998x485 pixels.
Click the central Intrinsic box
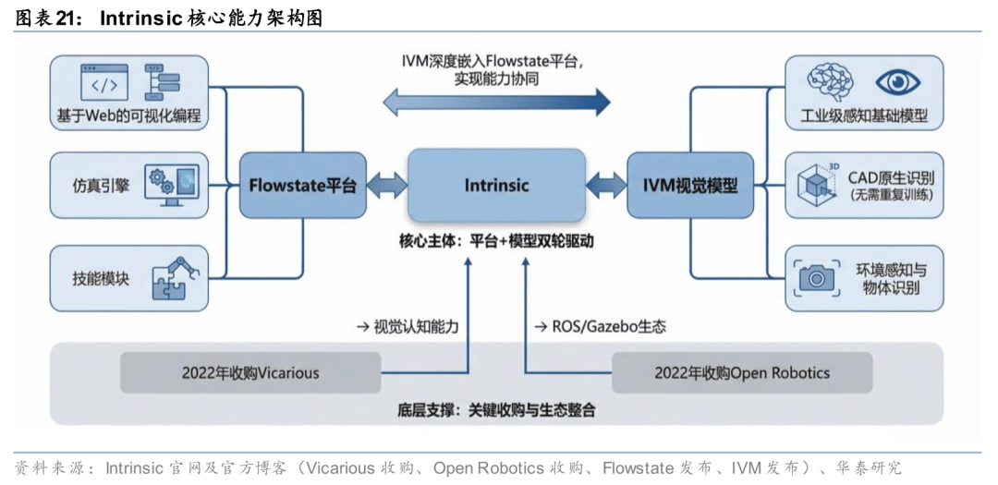tap(496, 185)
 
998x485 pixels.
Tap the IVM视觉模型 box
tap(690, 185)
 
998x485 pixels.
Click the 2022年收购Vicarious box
tap(250, 373)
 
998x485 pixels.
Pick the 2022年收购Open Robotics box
tap(742, 373)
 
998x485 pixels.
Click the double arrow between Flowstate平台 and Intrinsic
tap(386, 185)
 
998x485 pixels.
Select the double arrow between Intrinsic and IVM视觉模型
tap(606, 185)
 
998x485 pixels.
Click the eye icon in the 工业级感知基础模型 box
tap(897, 83)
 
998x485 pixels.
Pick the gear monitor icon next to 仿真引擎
tap(173, 183)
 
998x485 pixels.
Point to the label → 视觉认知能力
tap(408, 326)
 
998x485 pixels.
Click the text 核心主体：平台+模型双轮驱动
tap(495, 242)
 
